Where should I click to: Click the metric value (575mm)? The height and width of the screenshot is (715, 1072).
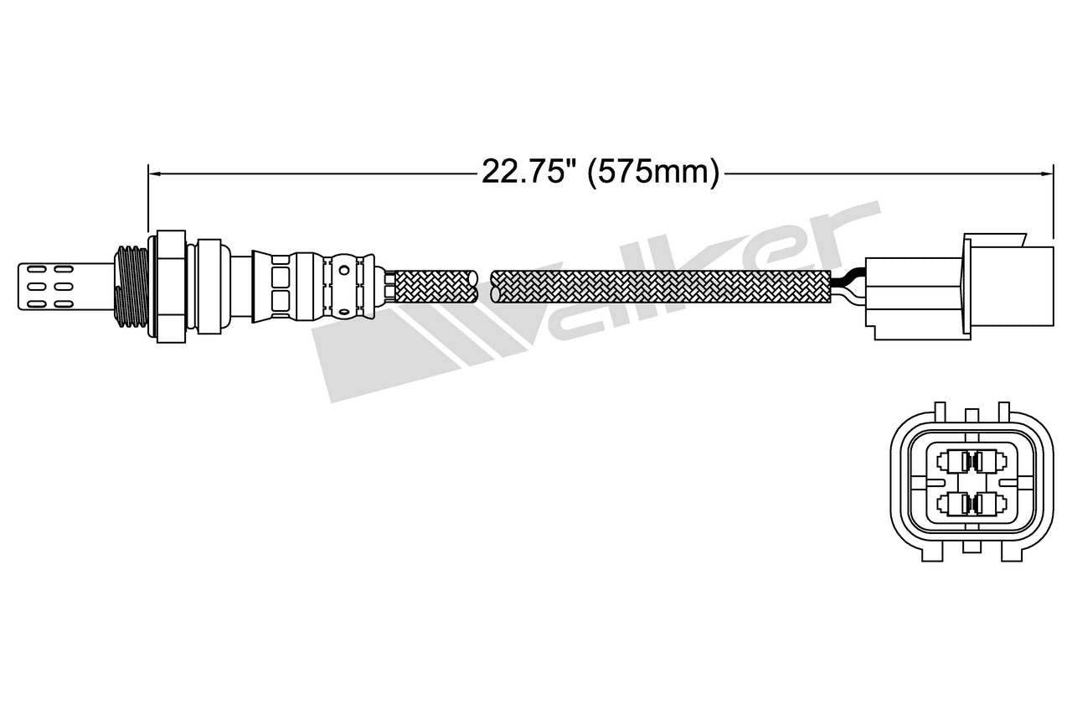tap(653, 172)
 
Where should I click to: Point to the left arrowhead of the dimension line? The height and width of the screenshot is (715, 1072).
tap(153, 174)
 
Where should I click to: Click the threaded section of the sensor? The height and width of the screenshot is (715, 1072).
tap(130, 285)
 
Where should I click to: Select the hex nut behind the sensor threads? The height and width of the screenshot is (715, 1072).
tap(171, 285)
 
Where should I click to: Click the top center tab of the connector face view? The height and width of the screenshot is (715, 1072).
tap(971, 417)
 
